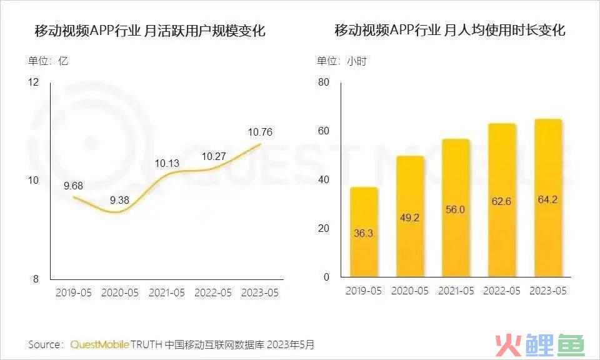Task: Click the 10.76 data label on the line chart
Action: pos(260,132)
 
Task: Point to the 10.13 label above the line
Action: pos(167,164)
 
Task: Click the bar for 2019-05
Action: pos(364,232)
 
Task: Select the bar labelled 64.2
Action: pos(547,199)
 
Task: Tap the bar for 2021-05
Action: pos(456,209)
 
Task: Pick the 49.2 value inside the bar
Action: pos(410,219)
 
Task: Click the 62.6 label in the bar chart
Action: pos(502,202)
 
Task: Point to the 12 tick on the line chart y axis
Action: pos(33,82)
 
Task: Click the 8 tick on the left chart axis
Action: pos(36,279)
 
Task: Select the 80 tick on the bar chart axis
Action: pos(323,82)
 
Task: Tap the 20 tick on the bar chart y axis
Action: pos(323,229)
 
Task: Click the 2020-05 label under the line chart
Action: pos(121,292)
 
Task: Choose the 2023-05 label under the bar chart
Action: pos(547,292)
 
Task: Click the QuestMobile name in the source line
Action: pos(100,344)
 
